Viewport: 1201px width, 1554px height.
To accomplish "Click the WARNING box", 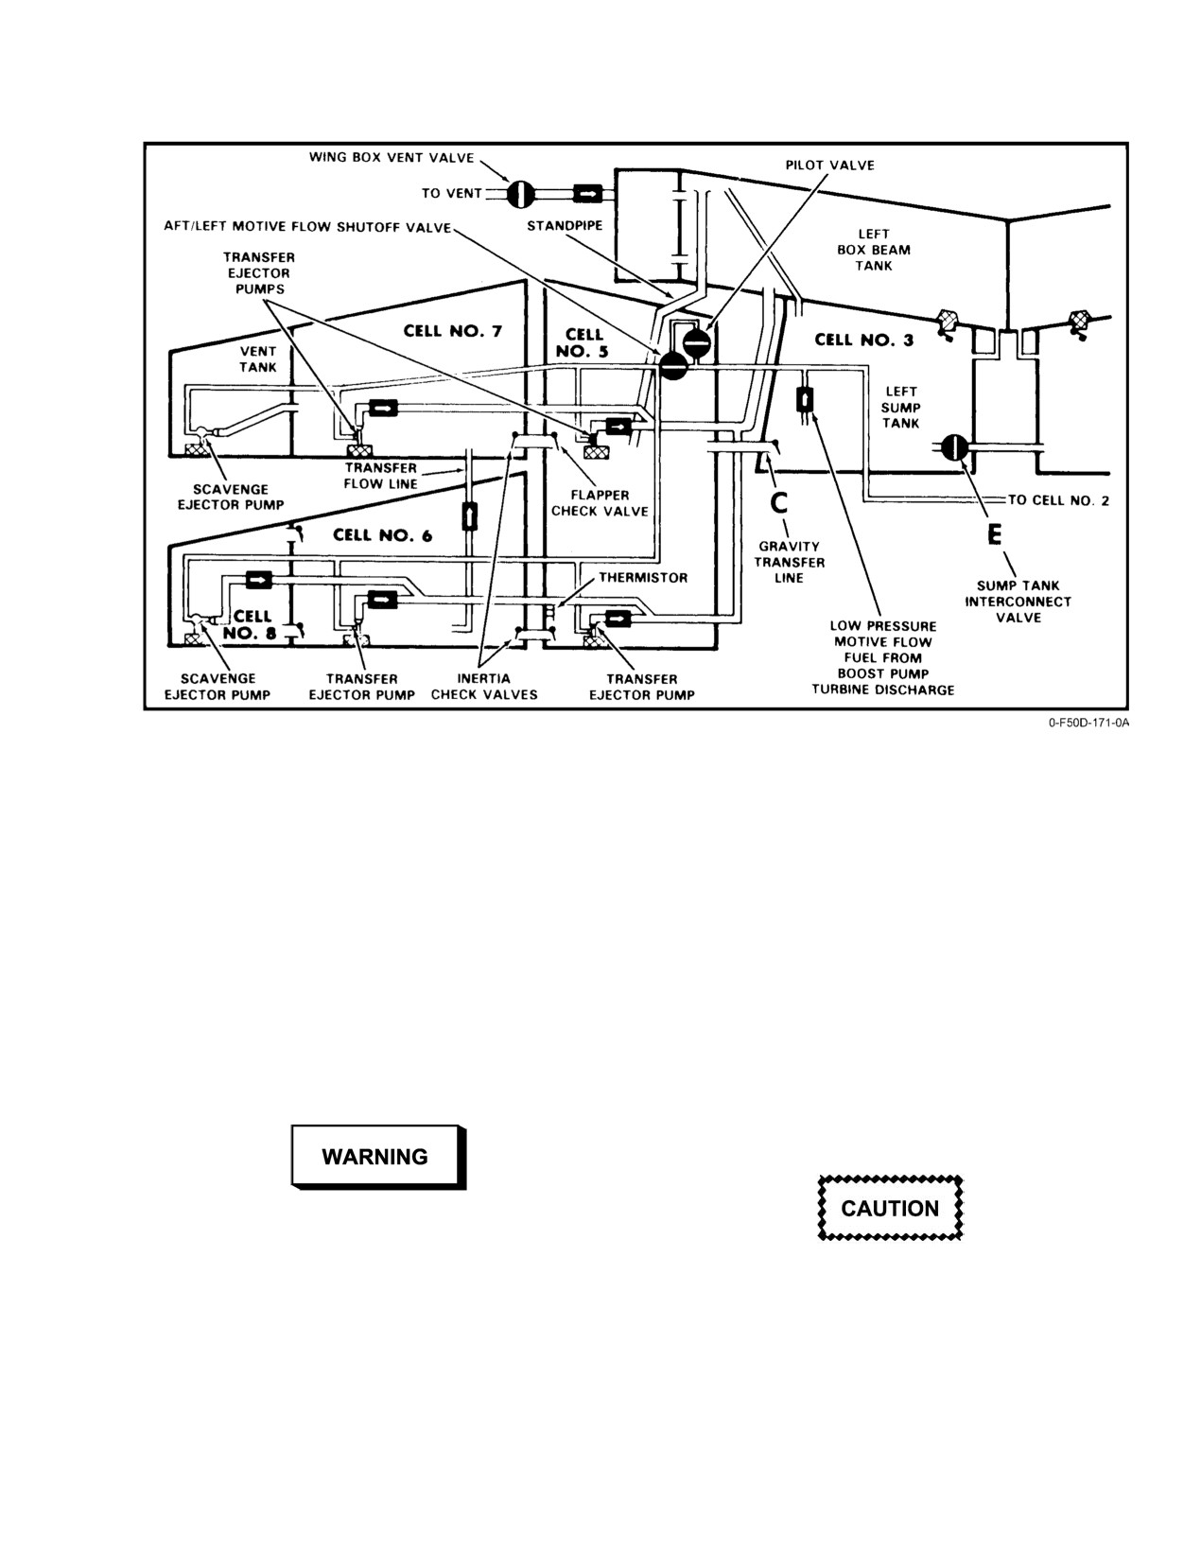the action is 378,1157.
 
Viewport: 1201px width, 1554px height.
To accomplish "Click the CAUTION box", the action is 890,1208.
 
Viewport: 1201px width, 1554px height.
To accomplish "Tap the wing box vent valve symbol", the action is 520,193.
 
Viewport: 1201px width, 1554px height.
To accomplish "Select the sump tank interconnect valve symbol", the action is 953,447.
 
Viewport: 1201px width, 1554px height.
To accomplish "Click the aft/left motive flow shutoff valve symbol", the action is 672,366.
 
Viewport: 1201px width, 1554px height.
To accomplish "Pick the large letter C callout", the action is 778,503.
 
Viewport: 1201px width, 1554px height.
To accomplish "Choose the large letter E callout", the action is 995,534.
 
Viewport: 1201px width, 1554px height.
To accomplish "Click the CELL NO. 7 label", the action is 453,331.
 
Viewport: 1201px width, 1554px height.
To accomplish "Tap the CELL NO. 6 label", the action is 382,535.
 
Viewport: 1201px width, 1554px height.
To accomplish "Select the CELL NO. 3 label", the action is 864,340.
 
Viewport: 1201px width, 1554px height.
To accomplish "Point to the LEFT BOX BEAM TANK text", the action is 874,250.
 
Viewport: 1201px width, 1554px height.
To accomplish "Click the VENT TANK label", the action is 258,359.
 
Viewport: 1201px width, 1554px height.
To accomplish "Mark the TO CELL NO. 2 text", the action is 1059,500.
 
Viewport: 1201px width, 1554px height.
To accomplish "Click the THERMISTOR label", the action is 643,577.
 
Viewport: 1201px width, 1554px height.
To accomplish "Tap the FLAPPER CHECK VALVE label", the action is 600,503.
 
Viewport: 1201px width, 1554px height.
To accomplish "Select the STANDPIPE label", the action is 565,226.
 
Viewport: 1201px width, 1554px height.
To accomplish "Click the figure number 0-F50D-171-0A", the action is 1088,723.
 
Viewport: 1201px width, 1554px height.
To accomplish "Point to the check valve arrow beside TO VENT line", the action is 587,193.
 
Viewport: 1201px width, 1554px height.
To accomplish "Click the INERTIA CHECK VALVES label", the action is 484,687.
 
